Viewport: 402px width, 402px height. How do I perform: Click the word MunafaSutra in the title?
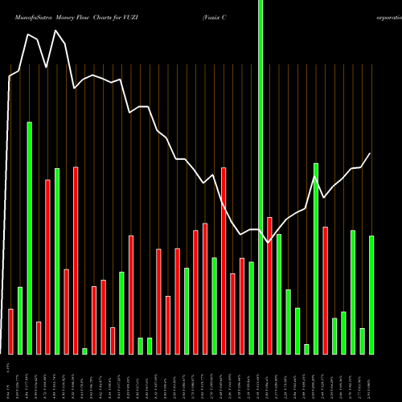31,7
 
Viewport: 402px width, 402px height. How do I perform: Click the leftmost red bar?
11,331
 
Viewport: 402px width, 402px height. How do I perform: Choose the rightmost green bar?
371,294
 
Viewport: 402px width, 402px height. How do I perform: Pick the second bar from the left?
20,320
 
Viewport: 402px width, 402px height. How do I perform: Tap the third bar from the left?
30,238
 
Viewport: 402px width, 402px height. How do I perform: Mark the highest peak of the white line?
56,31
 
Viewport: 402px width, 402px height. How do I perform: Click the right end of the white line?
371,153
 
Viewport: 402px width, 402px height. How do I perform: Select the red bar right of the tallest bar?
269,285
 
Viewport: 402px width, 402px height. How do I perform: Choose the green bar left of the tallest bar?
251,308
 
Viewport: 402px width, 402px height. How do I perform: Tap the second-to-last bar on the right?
363,341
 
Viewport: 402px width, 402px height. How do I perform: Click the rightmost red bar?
326,290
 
